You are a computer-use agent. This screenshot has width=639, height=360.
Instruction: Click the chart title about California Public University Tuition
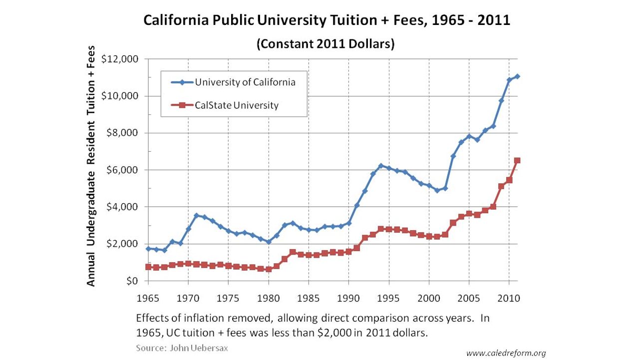click(x=326, y=20)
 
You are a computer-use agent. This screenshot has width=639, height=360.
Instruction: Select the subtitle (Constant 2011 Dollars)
click(x=325, y=44)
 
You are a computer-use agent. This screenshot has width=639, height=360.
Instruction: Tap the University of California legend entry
click(x=245, y=82)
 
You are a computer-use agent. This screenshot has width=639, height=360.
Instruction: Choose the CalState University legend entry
click(x=237, y=105)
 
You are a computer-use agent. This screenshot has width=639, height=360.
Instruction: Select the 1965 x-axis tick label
click(x=148, y=299)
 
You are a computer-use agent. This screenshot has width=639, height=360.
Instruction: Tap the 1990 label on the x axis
click(x=348, y=299)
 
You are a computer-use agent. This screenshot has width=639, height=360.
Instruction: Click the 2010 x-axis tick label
click(x=509, y=299)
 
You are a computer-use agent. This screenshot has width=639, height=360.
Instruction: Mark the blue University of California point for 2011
click(x=517, y=76)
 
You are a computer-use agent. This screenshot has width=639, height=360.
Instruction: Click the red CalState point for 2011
click(x=517, y=160)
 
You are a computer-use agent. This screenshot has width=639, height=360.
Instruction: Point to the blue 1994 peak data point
click(x=381, y=166)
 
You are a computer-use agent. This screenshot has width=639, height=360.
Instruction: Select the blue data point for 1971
click(x=196, y=215)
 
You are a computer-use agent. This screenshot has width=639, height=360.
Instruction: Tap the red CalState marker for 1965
click(x=148, y=267)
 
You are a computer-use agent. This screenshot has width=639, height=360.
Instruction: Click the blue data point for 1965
click(x=148, y=249)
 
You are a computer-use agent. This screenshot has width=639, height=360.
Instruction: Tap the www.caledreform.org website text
click(x=506, y=353)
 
